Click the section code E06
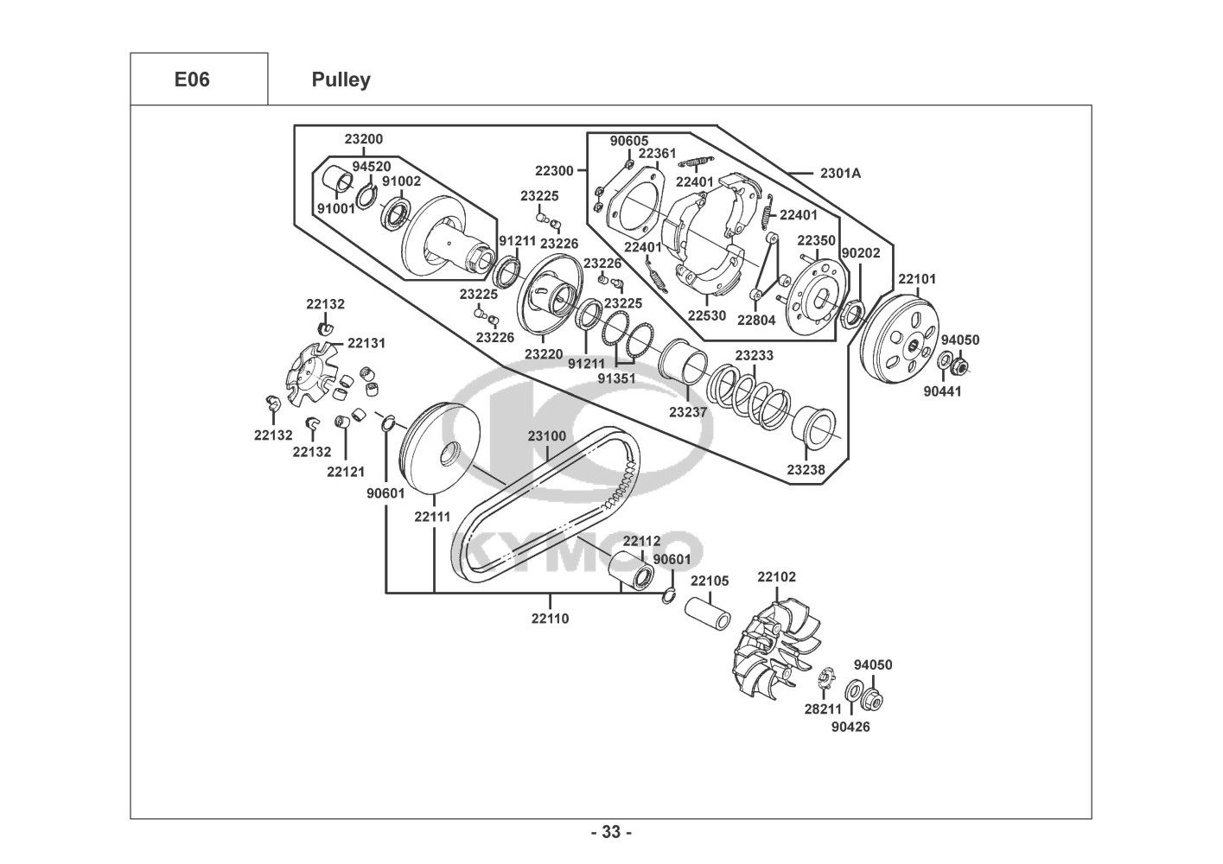click(x=192, y=79)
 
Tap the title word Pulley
click(x=341, y=79)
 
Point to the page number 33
click(x=611, y=832)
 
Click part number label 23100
click(x=546, y=436)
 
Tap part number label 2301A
click(x=840, y=173)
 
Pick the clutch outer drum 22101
click(x=901, y=340)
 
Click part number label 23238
click(x=806, y=469)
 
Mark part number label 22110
click(x=550, y=619)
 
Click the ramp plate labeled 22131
click(x=309, y=374)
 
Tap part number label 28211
click(x=823, y=708)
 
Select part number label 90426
click(x=850, y=727)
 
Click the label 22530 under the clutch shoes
click(x=706, y=315)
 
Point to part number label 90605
click(x=629, y=141)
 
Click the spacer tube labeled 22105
click(x=708, y=613)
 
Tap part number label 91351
click(x=616, y=378)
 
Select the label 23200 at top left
click(x=364, y=138)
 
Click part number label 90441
click(x=942, y=391)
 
